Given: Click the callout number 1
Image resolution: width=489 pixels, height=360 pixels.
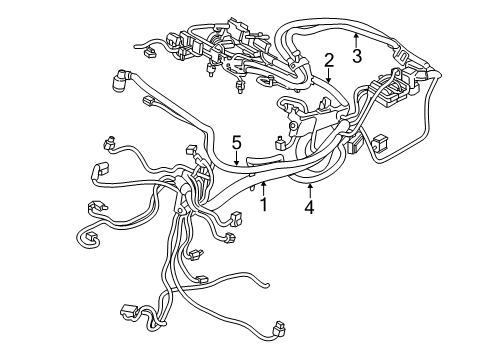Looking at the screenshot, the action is [x=264, y=205].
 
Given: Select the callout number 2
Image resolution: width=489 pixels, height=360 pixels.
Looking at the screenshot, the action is [x=329, y=62].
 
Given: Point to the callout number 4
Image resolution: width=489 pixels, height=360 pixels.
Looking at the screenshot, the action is [x=310, y=208].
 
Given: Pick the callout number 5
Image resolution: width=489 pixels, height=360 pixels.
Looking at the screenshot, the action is [x=237, y=141].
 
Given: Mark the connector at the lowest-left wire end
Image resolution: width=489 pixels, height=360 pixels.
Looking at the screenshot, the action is [x=127, y=311].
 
